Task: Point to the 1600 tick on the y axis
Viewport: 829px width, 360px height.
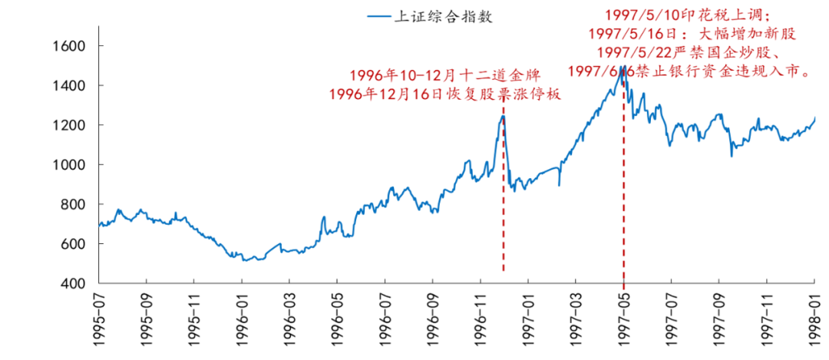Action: [68, 46]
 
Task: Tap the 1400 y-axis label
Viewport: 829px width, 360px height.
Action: [68, 86]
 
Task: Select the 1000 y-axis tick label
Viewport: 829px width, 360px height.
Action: [68, 165]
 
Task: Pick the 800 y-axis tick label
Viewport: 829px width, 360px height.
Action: [71, 205]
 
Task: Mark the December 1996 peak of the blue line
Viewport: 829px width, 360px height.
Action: [503, 116]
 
